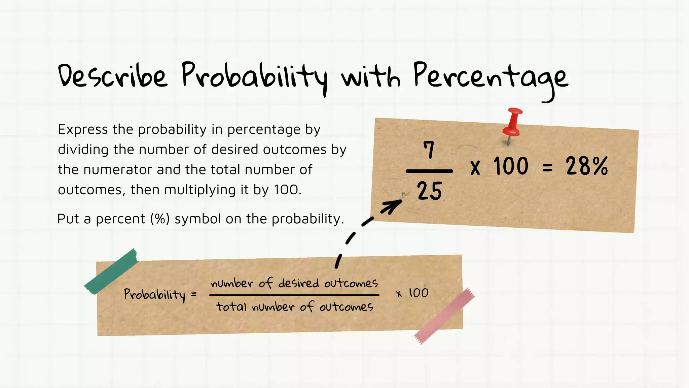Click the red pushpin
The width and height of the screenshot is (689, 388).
pos(512,123)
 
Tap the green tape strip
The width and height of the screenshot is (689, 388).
pos(111,271)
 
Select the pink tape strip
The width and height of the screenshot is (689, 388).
pos(444,316)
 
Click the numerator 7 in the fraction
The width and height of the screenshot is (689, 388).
pos(429,150)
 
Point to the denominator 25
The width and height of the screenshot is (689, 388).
pos(429,191)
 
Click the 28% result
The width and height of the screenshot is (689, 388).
pos(587,166)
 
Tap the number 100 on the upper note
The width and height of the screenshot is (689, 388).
pos(511,166)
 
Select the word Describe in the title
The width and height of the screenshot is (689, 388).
pos(112,76)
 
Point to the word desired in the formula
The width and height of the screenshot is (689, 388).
pos(298,283)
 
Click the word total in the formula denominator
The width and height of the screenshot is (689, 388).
pos(231,307)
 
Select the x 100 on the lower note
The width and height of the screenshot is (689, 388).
pos(412,293)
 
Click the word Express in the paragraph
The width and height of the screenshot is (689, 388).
pos(83,130)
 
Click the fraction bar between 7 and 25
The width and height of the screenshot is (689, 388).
pos(429,171)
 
